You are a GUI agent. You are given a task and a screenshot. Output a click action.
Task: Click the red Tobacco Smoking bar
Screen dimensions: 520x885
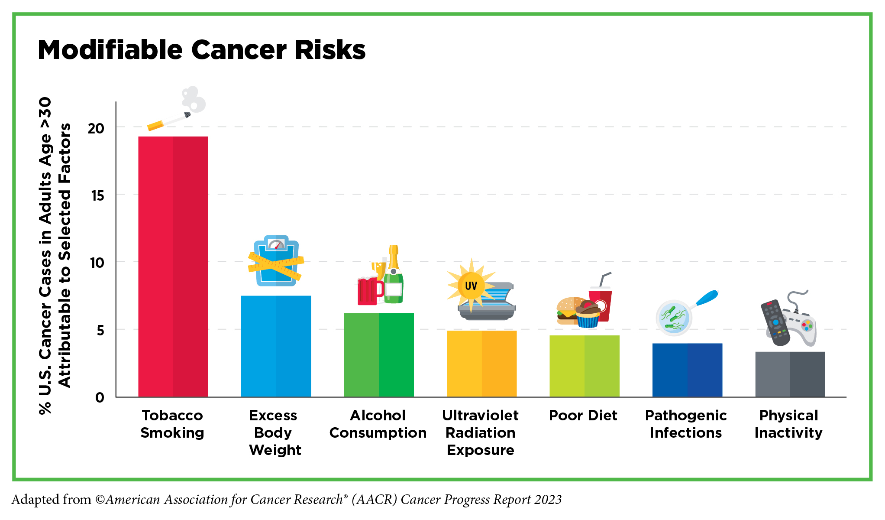(x=173, y=266)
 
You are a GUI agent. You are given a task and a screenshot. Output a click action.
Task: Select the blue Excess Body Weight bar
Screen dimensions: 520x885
(x=276, y=346)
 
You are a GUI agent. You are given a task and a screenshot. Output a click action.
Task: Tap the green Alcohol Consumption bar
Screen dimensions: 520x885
(x=379, y=355)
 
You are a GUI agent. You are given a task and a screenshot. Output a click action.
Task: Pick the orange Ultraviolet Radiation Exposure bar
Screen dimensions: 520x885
(x=481, y=364)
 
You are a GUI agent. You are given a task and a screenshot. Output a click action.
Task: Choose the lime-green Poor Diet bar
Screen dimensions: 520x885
(x=584, y=366)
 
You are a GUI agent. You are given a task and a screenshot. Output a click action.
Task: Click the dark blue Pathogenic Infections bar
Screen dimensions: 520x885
(x=687, y=370)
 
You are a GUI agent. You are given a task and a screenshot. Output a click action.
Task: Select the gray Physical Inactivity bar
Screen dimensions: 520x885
(x=790, y=374)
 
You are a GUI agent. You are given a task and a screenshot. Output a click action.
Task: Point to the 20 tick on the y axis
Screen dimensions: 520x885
(x=96, y=128)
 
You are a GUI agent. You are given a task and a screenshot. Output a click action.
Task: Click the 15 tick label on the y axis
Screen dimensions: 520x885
(x=98, y=196)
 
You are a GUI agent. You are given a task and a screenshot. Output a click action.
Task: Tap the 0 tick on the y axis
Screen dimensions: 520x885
(x=100, y=397)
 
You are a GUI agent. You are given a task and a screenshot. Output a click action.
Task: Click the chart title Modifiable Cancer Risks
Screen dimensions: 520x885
(x=202, y=50)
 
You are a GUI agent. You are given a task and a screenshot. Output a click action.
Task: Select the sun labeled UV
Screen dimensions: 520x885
(x=471, y=285)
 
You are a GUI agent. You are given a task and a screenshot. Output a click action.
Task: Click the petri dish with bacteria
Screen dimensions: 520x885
(x=674, y=318)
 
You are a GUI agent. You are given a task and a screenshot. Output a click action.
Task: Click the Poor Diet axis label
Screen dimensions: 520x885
(x=583, y=416)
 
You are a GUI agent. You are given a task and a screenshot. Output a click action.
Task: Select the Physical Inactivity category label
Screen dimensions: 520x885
(x=788, y=424)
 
